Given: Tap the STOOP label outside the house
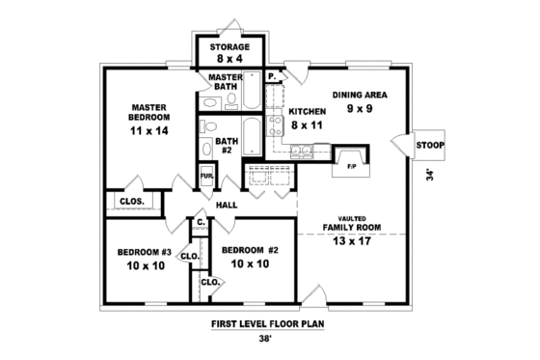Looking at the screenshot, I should (430, 145).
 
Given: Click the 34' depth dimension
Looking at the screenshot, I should (430, 176).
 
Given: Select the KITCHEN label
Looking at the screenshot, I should (307, 112).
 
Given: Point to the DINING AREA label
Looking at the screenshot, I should (360, 95).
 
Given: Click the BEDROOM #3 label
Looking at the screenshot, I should (145, 253).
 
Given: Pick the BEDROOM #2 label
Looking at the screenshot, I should (249, 251).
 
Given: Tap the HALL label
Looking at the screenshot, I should (228, 205).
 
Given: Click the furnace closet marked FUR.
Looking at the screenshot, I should (206, 177).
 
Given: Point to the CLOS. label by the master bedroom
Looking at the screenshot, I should (132, 202).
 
